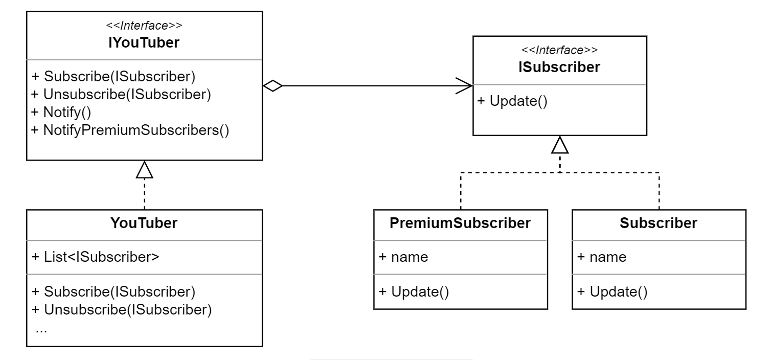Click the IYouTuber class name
(144, 43)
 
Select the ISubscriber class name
(560, 67)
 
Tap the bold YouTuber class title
(144, 223)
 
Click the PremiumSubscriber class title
(460, 223)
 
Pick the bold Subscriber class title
(658, 223)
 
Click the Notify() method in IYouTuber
(61, 112)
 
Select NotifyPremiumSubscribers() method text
(130, 130)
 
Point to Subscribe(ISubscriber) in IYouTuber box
(113, 76)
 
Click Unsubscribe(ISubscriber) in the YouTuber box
(122, 309)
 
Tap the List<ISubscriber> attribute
(95, 256)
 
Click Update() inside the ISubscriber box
(512, 101)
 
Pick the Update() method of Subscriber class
(612, 291)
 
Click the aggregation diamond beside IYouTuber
(272, 86)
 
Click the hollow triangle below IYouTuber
(145, 170)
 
